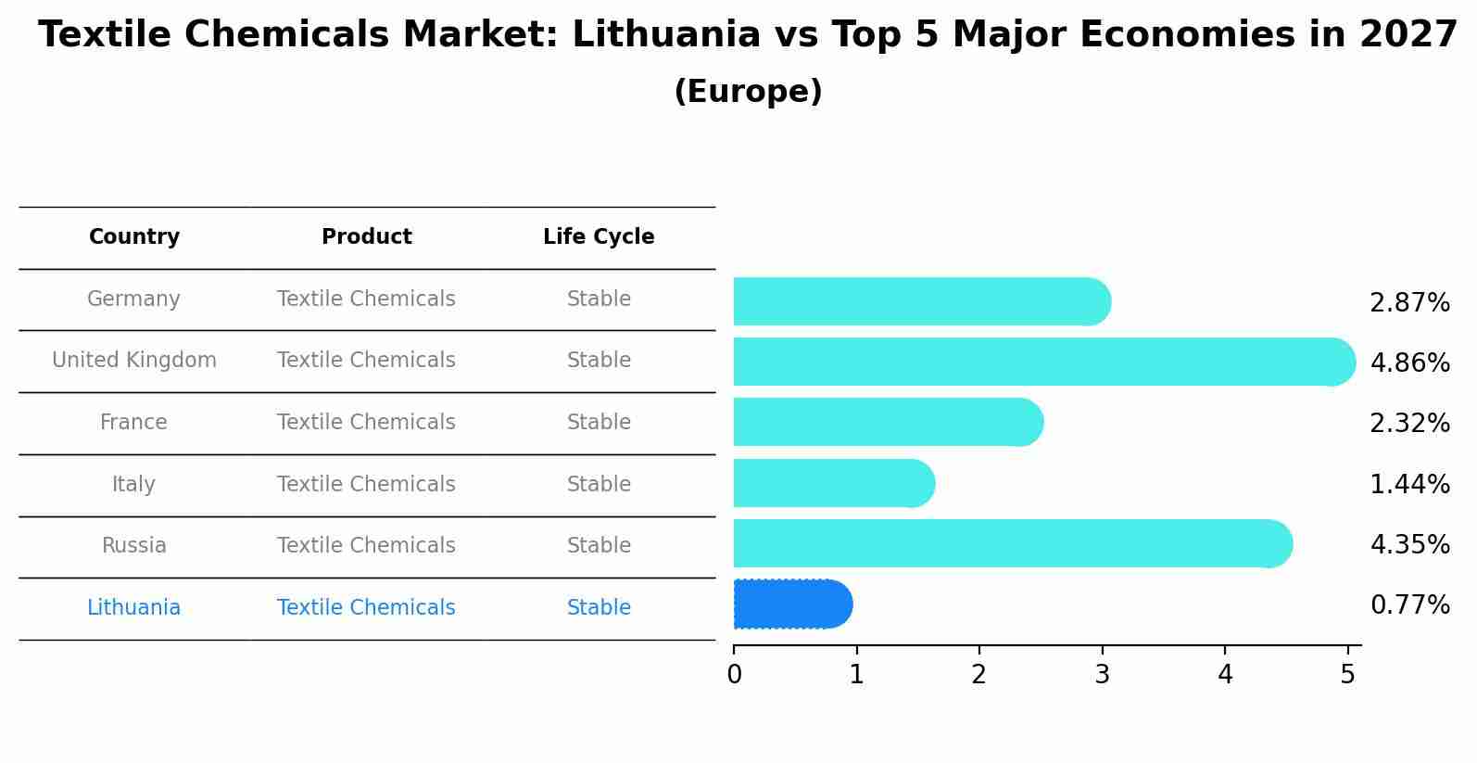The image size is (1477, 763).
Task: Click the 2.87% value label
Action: (x=1409, y=303)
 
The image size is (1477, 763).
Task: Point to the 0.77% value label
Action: (x=1409, y=605)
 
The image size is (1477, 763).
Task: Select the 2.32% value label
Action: (x=1409, y=424)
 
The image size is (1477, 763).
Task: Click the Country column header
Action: (x=134, y=237)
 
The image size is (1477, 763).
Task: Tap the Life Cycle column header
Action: (x=599, y=237)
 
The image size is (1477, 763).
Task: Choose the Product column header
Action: (x=366, y=237)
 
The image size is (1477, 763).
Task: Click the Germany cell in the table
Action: (x=133, y=299)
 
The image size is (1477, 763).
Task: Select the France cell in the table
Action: (x=133, y=423)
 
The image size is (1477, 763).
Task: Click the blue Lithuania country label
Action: (x=133, y=608)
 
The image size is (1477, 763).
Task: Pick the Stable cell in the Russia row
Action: (x=599, y=546)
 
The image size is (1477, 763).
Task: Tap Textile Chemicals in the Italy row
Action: (x=366, y=485)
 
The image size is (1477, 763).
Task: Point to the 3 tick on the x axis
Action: (x=1102, y=675)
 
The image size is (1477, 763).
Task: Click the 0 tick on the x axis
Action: (x=734, y=675)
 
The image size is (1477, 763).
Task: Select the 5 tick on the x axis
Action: (x=1347, y=675)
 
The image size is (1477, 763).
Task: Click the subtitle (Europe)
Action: (x=748, y=92)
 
